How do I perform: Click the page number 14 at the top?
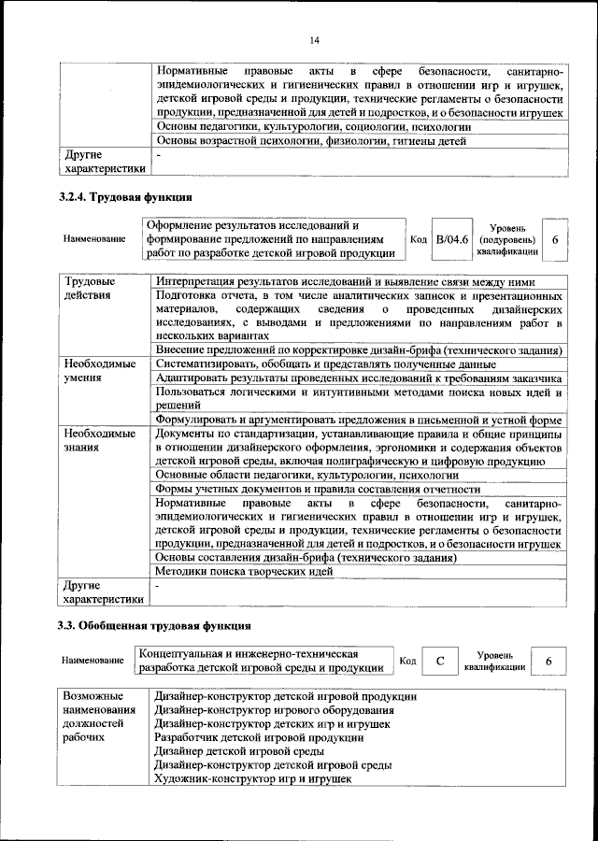(x=315, y=39)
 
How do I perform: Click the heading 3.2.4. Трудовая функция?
(x=125, y=197)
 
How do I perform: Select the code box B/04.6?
(x=454, y=240)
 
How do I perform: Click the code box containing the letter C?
(x=439, y=661)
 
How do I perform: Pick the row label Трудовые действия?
(x=90, y=288)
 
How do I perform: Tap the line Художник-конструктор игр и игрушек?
(x=252, y=777)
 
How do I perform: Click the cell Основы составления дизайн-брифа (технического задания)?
(x=305, y=557)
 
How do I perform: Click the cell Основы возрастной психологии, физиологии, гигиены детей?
(x=310, y=142)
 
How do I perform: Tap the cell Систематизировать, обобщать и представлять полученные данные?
(x=325, y=363)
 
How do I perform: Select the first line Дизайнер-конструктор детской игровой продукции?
(x=285, y=696)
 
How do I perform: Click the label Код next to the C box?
(x=407, y=661)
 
